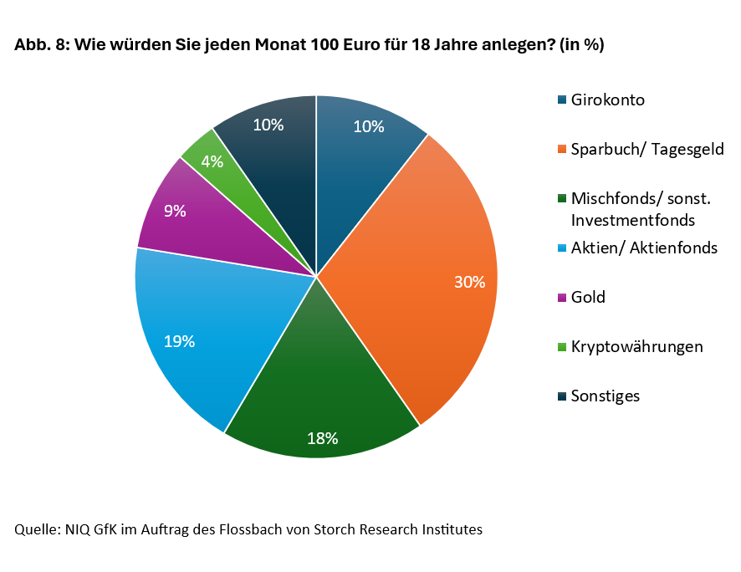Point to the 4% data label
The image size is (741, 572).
coord(212,161)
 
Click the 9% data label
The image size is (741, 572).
coord(175,212)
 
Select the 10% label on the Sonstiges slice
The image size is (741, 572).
coord(268,125)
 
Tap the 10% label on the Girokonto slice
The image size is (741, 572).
coord(368,127)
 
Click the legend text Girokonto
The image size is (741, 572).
coord(607,100)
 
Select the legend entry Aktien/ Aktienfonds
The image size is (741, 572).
coord(643,248)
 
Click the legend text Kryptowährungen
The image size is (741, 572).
coord(636,346)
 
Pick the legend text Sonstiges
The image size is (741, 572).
coord(605,396)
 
